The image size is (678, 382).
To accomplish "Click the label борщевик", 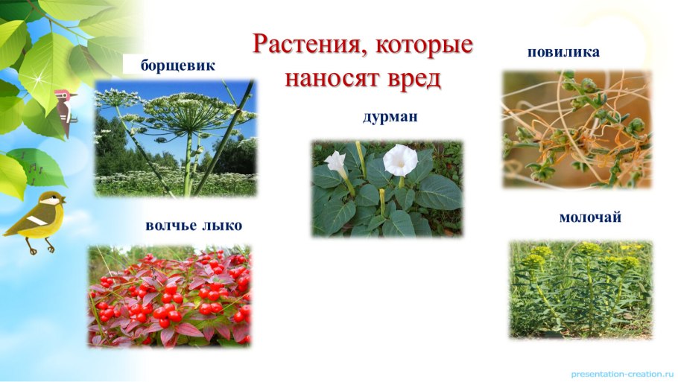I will tap(178, 66).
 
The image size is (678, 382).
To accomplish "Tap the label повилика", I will tap(563, 52).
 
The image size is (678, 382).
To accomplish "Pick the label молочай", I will tap(590, 217).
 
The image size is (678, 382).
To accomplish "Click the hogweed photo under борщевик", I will tap(176, 139).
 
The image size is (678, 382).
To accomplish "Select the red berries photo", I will tap(170, 296).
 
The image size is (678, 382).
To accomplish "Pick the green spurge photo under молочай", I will tap(580, 289).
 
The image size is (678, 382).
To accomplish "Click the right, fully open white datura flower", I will tap(400, 159).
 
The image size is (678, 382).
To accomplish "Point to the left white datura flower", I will tap(337, 162).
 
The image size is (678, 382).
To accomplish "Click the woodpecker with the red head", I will tap(66, 109).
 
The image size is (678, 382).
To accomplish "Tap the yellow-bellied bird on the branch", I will tap(35, 219).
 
